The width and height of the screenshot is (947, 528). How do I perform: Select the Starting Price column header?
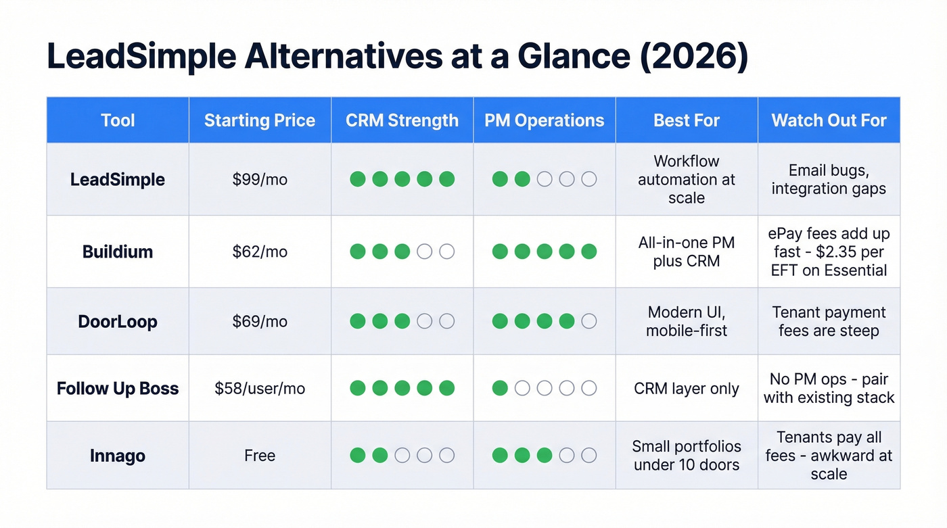pyautogui.click(x=260, y=120)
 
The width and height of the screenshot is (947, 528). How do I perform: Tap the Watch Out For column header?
pyautogui.click(x=829, y=120)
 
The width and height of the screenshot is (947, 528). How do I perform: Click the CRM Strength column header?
pyautogui.click(x=402, y=120)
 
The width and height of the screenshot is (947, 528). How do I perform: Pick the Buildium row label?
pyautogui.click(x=118, y=251)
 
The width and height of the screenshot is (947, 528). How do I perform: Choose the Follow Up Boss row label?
pyautogui.click(x=118, y=388)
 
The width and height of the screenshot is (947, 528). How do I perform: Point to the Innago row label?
pyautogui.click(x=118, y=456)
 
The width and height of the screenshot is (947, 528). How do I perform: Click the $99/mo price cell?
pyautogui.click(x=260, y=180)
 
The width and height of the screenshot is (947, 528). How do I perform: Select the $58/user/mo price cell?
pyautogui.click(x=260, y=388)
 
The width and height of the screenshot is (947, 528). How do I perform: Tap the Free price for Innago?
pyautogui.click(x=260, y=456)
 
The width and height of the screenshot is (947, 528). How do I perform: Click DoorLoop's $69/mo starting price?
pyautogui.click(x=260, y=321)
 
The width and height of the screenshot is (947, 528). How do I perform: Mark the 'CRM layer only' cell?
pyautogui.click(x=687, y=389)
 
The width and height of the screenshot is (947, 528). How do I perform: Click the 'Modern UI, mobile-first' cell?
pyautogui.click(x=687, y=321)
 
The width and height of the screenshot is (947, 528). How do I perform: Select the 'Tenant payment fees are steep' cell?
pyautogui.click(x=829, y=321)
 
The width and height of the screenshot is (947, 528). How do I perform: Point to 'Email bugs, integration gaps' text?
pyautogui.click(x=829, y=180)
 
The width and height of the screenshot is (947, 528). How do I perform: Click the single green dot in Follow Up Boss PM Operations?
pyautogui.click(x=500, y=388)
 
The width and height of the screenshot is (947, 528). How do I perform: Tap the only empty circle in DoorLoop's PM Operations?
pyautogui.click(x=589, y=321)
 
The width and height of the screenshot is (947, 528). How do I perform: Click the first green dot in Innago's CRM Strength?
pyautogui.click(x=358, y=456)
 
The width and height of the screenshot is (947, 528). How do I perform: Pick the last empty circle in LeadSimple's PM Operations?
pyautogui.click(x=589, y=179)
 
